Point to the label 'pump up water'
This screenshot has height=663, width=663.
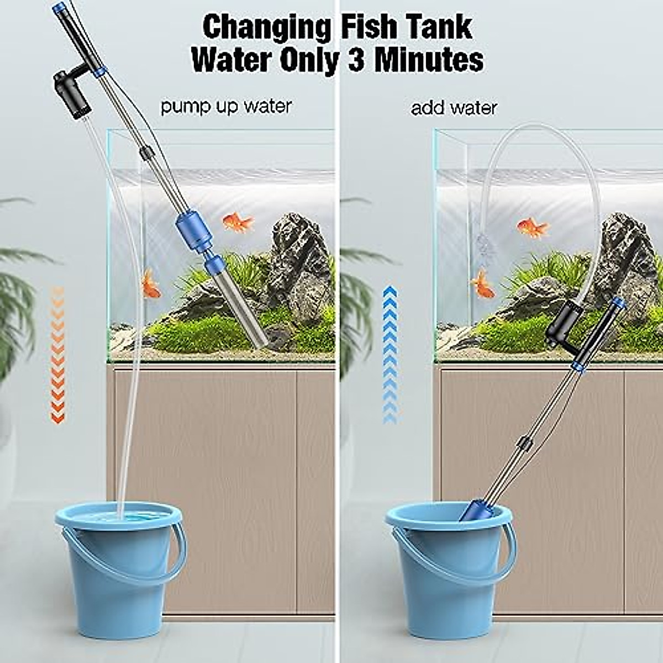pos(226,106)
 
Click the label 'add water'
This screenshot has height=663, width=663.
pos(454,108)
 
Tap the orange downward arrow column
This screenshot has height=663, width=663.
pos(57,354)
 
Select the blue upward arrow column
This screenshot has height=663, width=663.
pos(390,354)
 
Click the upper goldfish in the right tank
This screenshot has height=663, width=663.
pos(533,226)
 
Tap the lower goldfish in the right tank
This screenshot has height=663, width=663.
pos(483,284)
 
